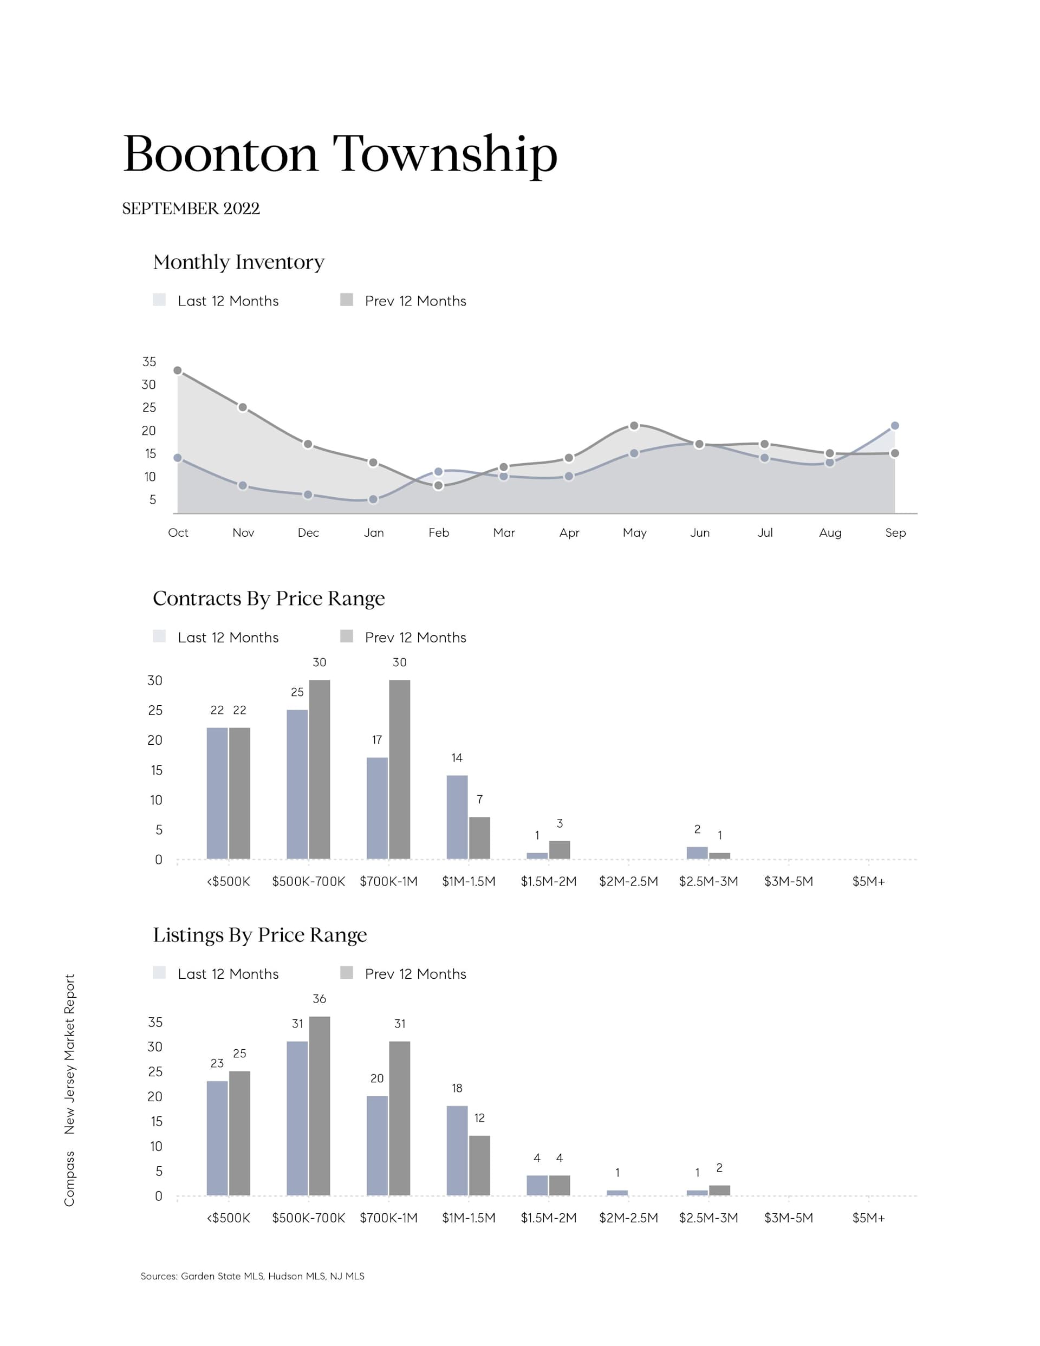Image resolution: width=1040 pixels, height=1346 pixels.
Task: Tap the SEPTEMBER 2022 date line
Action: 191,209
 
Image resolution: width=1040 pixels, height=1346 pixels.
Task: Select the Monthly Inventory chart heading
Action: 238,262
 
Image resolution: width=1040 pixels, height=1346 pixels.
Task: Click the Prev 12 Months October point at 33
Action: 178,370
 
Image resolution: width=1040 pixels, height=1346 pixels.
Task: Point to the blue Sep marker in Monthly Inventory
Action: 894,426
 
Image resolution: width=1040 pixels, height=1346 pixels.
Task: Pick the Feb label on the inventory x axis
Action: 438,532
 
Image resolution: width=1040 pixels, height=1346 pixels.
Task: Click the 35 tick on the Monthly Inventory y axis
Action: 149,362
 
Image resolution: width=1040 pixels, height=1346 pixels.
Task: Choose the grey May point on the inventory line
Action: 634,426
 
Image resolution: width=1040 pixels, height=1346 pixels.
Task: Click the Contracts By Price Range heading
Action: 269,599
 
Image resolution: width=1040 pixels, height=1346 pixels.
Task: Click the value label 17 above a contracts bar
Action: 376,739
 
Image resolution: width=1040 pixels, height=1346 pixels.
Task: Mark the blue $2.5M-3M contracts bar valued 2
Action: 697,853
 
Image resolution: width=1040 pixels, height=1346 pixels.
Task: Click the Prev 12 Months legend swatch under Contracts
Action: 347,636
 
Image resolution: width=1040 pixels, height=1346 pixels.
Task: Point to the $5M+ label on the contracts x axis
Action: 868,882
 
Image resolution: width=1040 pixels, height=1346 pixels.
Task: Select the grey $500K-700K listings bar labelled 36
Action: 320,1106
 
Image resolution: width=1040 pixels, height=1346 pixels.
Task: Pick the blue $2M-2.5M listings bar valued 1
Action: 617,1193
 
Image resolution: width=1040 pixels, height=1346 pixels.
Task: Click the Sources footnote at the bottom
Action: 252,1276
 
